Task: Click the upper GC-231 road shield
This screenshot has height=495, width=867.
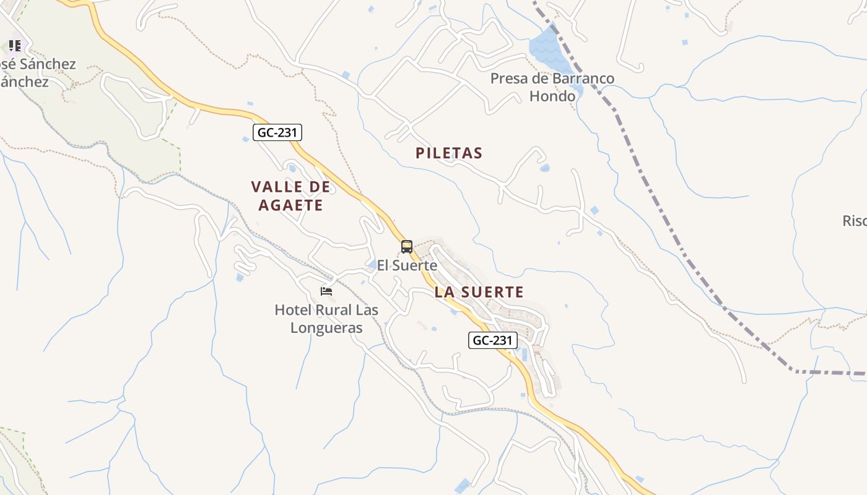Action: point(277,132)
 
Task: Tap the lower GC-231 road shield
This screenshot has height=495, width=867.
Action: point(492,340)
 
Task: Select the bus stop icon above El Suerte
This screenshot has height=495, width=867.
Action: point(406,247)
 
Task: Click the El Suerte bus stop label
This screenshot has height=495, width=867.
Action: point(407,265)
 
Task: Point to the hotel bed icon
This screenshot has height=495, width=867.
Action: point(326,291)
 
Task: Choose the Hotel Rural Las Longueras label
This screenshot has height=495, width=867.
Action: point(326,319)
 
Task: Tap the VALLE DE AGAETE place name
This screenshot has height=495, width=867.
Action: point(290,196)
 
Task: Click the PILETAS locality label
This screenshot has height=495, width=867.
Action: point(449,153)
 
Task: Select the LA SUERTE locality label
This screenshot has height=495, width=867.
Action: point(479,292)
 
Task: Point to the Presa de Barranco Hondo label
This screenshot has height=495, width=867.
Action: point(552,87)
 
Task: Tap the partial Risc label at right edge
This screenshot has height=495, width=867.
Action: point(855,221)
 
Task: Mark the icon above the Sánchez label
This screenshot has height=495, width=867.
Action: point(14,45)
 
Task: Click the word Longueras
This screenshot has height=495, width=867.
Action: point(326,328)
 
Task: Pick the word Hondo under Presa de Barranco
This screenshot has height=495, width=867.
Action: point(552,97)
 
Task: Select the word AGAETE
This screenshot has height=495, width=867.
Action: point(290,205)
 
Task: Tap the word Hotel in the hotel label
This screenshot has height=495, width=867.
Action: point(294,309)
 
